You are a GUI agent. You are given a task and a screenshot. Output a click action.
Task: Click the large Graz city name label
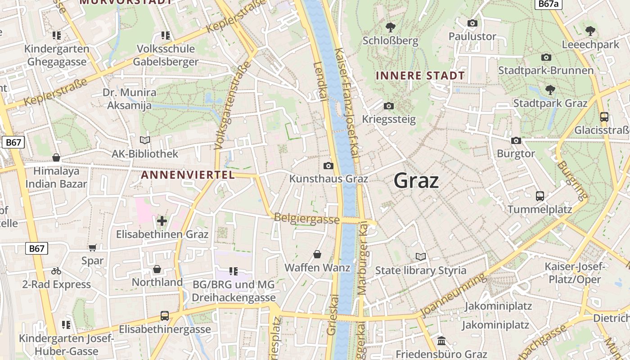point(416,181)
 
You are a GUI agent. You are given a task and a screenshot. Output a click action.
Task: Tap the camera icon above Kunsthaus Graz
point(328,166)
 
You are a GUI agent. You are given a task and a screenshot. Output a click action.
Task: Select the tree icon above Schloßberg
point(390,27)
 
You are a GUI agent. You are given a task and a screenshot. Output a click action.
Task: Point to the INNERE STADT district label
point(420,76)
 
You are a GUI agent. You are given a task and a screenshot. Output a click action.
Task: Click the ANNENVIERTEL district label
point(188,175)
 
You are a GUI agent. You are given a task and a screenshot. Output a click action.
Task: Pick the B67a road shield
point(549,4)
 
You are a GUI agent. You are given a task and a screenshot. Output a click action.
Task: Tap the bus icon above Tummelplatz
point(540,196)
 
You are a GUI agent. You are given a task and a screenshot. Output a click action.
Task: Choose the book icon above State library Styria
point(421,257)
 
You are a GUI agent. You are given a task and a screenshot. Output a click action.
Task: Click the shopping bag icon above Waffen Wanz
point(317,254)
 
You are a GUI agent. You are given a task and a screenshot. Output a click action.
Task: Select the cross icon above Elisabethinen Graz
point(162,221)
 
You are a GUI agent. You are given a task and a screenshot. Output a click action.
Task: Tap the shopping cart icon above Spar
point(92,247)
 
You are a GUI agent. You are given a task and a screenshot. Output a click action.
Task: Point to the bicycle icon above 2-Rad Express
point(56,271)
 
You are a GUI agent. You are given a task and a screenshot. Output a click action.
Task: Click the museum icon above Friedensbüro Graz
point(441,341)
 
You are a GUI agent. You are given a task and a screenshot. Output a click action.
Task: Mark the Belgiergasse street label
point(306,219)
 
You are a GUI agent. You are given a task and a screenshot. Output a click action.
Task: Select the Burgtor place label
point(516,153)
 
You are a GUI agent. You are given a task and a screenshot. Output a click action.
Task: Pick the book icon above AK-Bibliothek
point(144,140)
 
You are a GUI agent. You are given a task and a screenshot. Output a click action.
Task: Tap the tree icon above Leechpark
point(590,31)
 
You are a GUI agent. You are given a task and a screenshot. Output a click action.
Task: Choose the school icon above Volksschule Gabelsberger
point(166,35)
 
